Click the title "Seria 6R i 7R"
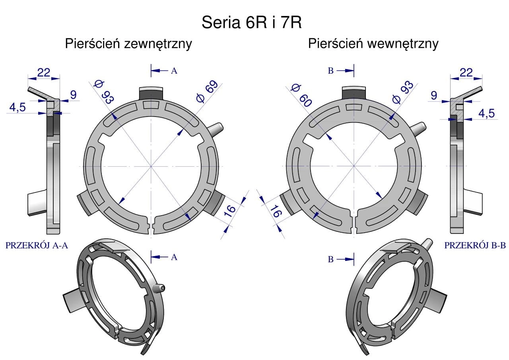point(251,23)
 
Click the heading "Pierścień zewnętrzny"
point(128,44)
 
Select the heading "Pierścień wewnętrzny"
point(373,44)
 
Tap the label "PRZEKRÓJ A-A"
point(37,246)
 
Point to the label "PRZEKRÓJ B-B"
point(475,246)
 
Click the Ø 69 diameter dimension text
point(207,92)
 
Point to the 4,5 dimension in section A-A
point(17,108)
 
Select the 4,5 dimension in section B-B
point(486,113)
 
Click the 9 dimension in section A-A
point(73,95)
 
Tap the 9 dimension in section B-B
point(434,95)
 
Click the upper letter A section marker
point(174,71)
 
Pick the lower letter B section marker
point(330,259)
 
